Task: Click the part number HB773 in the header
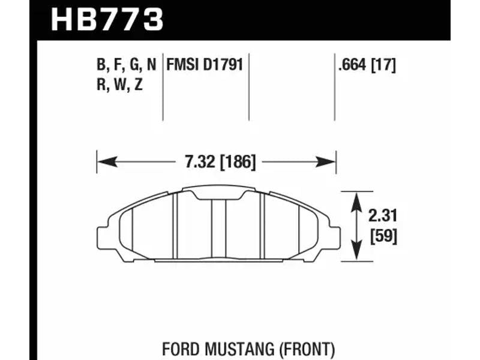click(107, 19)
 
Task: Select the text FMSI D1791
click(205, 65)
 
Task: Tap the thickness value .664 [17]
click(367, 65)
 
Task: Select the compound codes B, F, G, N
click(127, 65)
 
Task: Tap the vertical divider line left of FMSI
click(163, 87)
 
